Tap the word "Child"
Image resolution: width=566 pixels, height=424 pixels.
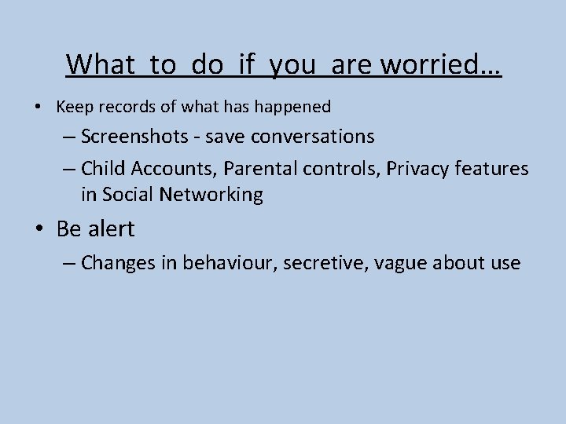(101, 168)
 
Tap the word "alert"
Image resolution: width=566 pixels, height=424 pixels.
(111, 229)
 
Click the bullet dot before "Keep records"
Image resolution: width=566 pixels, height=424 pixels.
(39, 106)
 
